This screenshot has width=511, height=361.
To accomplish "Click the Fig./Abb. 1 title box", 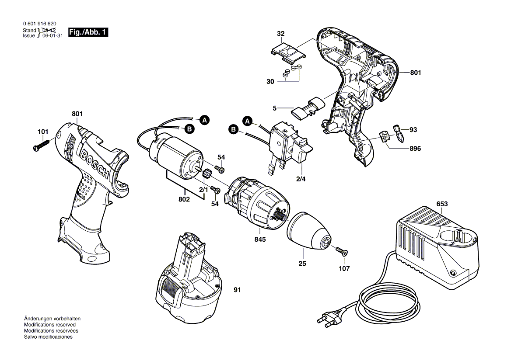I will (x=88, y=33).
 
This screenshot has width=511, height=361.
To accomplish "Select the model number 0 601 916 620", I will (x=39, y=24).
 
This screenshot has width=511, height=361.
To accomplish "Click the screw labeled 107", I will (x=340, y=251).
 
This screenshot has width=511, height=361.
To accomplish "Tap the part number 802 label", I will (x=184, y=199).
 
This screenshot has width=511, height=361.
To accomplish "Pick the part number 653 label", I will (x=442, y=204).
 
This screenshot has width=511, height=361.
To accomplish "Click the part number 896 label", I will (x=415, y=149).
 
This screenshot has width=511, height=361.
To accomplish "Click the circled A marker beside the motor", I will (x=204, y=119).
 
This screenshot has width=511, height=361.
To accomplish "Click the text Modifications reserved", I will (x=49, y=325).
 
